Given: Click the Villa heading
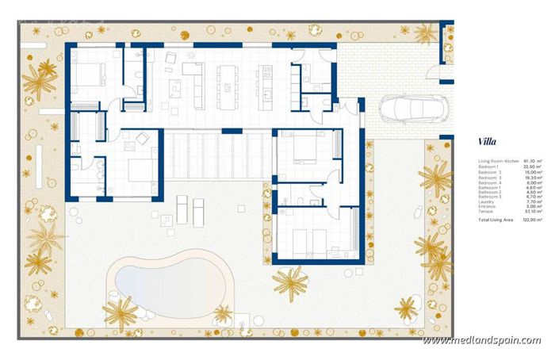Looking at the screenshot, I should [x=488, y=143].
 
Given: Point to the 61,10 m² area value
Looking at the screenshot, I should [x=531, y=161].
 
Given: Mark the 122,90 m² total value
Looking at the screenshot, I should [x=533, y=219].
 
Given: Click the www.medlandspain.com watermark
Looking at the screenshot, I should [x=482, y=340].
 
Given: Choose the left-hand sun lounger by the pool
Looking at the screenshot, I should [x=181, y=210].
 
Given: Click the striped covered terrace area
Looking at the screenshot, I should [x=214, y=159].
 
